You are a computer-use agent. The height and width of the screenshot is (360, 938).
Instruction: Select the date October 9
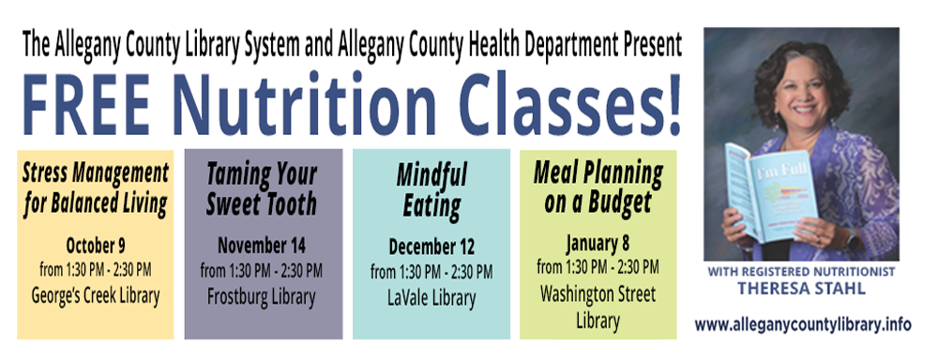(x=96, y=246)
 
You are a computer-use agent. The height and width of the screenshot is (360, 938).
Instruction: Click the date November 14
(x=262, y=246)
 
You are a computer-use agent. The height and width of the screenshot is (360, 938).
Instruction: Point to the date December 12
(x=431, y=247)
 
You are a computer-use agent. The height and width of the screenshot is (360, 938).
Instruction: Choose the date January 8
(x=598, y=244)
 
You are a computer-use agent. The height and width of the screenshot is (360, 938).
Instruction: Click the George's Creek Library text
(x=96, y=296)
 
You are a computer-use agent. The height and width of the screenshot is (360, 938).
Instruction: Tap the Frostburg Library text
(x=262, y=297)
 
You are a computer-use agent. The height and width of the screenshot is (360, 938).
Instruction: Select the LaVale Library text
(x=431, y=298)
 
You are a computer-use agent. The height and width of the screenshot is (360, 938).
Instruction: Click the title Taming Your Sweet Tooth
(x=262, y=189)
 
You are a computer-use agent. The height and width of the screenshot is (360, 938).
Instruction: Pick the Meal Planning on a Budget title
(x=598, y=187)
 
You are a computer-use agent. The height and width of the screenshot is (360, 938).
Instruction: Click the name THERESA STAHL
(x=801, y=288)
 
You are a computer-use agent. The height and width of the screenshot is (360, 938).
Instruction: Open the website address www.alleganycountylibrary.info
(x=803, y=325)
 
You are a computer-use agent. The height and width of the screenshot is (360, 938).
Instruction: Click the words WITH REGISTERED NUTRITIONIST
(x=801, y=272)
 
